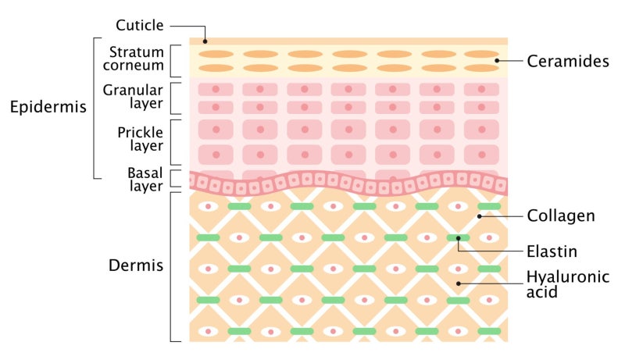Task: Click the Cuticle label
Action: (x=140, y=26)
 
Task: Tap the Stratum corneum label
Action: (x=133, y=59)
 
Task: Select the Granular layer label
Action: (x=133, y=97)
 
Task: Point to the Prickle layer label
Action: (x=140, y=139)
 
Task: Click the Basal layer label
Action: (x=145, y=180)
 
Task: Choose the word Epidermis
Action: (x=48, y=107)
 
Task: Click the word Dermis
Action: (x=136, y=266)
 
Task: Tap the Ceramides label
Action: (x=568, y=61)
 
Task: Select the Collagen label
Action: (x=561, y=216)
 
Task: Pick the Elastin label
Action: (x=552, y=251)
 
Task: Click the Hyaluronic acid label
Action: (x=568, y=284)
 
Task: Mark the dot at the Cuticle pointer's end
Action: (x=205, y=41)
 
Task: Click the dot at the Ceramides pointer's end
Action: (x=497, y=61)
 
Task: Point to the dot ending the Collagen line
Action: (x=480, y=216)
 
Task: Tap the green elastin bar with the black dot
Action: (x=458, y=237)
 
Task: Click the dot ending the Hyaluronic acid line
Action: (x=459, y=283)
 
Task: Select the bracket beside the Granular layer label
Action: (x=171, y=98)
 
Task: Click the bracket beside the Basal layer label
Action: (x=171, y=179)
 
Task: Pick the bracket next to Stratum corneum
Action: (x=171, y=61)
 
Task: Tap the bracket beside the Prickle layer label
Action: (x=171, y=142)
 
